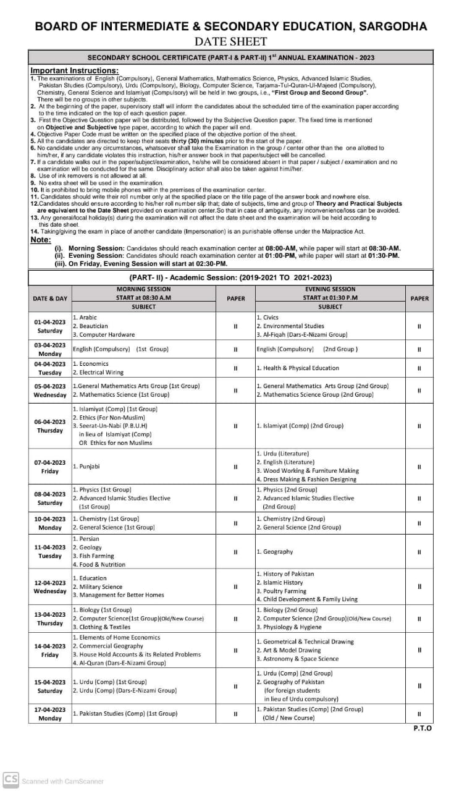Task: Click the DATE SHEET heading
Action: coord(230,41)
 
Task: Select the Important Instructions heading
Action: coord(74,70)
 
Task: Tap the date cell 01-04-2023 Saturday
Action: coord(50,326)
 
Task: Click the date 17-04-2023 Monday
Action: coord(50,714)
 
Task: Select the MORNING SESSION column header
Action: coord(144,289)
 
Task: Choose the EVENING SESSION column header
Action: coord(330,289)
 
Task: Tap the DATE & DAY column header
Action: coord(50,298)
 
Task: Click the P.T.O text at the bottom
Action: coord(423,729)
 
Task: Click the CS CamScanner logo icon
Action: coord(11,780)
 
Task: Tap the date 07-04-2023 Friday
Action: coord(50,467)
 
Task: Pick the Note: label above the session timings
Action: coord(41,240)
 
